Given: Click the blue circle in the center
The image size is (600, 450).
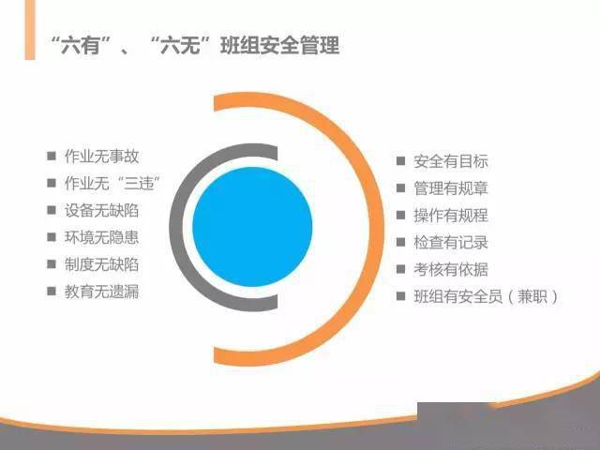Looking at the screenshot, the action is (x=252, y=227).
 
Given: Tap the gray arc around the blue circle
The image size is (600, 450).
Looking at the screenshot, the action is (x=176, y=227).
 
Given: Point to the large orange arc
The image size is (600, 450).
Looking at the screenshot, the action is (x=376, y=229).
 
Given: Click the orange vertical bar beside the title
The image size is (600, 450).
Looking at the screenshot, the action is (x=30, y=30).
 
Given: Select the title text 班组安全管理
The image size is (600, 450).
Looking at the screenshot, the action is (x=280, y=45).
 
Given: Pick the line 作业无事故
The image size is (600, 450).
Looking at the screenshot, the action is (x=101, y=157).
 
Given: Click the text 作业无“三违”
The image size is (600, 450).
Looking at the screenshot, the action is (x=112, y=184).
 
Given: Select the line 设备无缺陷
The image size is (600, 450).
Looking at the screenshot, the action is (x=101, y=210).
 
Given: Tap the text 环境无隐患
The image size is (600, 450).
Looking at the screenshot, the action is (x=101, y=237).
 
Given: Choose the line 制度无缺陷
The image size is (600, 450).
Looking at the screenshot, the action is (x=101, y=264).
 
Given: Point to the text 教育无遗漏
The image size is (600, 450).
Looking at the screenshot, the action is (x=101, y=292).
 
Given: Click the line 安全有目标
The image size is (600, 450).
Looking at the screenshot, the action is (x=451, y=161).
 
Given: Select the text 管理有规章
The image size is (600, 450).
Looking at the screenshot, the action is (x=451, y=188).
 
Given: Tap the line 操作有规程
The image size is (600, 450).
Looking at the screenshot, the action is (x=451, y=216).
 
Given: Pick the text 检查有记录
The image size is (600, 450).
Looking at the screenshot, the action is (x=451, y=242).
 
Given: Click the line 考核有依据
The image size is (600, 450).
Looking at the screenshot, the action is (x=451, y=269).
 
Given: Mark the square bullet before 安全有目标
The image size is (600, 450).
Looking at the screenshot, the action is (x=400, y=161).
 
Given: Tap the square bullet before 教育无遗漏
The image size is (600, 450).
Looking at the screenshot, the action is (x=52, y=292).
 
